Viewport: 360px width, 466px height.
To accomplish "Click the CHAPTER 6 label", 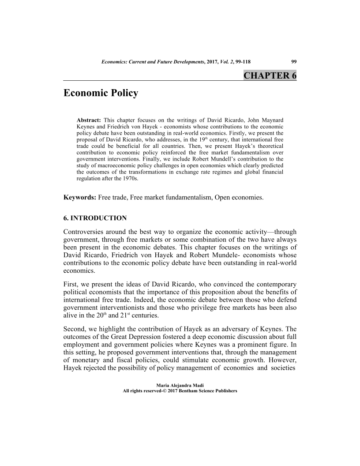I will (x=270, y=75).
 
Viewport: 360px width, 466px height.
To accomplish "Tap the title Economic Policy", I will (x=101, y=94).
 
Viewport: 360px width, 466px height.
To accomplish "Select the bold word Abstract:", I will (x=89, y=120).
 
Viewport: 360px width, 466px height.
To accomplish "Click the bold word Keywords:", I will (x=80, y=197).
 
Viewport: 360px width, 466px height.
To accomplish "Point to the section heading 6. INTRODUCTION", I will (x=95, y=218).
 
